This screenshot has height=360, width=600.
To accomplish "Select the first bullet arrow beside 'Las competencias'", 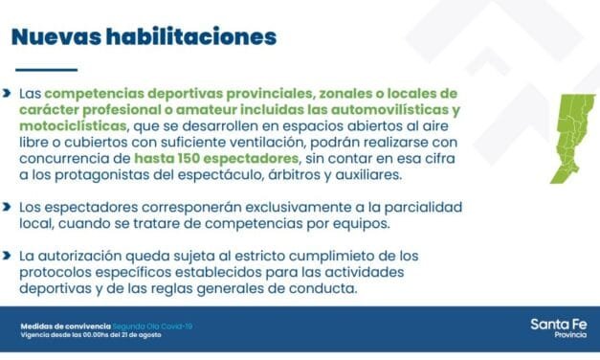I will pyautogui.click(x=8, y=94).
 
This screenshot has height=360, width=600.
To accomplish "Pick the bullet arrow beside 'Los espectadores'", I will pyautogui.click(x=8, y=206).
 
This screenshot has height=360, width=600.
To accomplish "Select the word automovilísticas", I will pyautogui.click(x=379, y=110).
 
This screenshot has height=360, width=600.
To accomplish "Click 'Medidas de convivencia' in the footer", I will pyautogui.click(x=65, y=326).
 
